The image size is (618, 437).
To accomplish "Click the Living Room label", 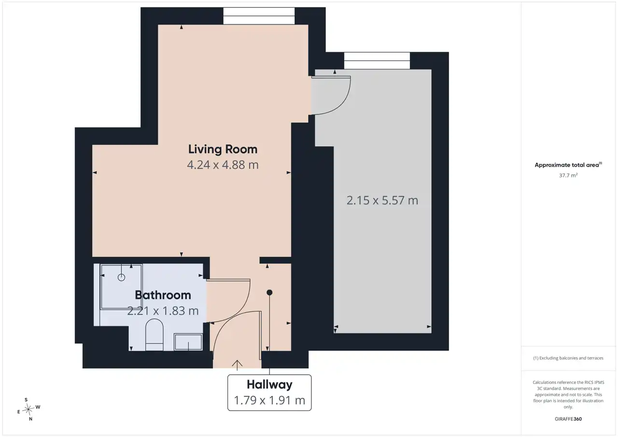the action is tap(223, 149).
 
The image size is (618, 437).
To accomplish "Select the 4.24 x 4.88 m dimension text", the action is tap(223, 165).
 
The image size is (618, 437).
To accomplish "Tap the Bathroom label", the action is tap(163, 295).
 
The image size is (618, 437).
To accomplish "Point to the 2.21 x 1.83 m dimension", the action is tap(163, 310).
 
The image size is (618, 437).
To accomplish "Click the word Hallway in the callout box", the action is tap(269, 384).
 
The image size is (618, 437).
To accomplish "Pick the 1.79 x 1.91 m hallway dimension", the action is tap(269, 400).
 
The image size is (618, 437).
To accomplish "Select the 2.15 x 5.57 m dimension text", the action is tap(382, 200).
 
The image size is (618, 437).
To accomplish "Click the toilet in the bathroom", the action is tap(154, 335).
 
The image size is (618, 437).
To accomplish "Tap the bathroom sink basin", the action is tap(188, 342).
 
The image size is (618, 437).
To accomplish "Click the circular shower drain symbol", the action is tap(121, 278).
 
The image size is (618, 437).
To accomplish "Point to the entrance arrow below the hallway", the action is tap(237, 365).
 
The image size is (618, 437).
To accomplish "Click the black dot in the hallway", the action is tap(269, 293).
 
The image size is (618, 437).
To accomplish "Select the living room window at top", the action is tap(259, 16).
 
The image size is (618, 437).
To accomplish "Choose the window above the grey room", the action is tap(377, 60).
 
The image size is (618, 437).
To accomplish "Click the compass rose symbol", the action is tap(28, 409).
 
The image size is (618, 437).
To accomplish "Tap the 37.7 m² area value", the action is tap(568, 175).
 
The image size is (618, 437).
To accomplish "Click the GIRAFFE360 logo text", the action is tap(568, 419).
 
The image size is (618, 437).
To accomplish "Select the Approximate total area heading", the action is tap(568, 165).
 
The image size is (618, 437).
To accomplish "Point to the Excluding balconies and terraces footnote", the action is tap(568, 358).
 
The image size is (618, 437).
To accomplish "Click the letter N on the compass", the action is tap(30, 419).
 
